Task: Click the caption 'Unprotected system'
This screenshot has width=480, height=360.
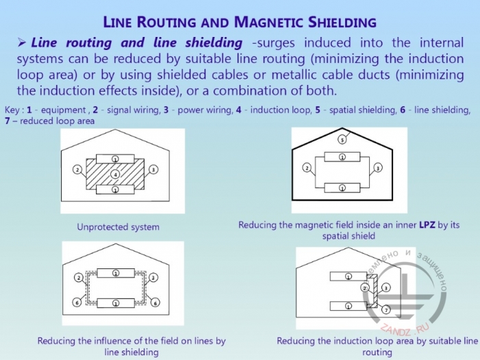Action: coord(118,227)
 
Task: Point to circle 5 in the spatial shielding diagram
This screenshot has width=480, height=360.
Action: coord(341,140)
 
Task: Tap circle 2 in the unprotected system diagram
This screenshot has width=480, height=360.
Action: coord(78,170)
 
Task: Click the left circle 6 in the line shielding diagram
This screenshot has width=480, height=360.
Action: coord(78,302)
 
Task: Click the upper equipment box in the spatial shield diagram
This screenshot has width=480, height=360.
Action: coord(342,157)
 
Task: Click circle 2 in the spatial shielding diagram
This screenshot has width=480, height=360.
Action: coord(307,168)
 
